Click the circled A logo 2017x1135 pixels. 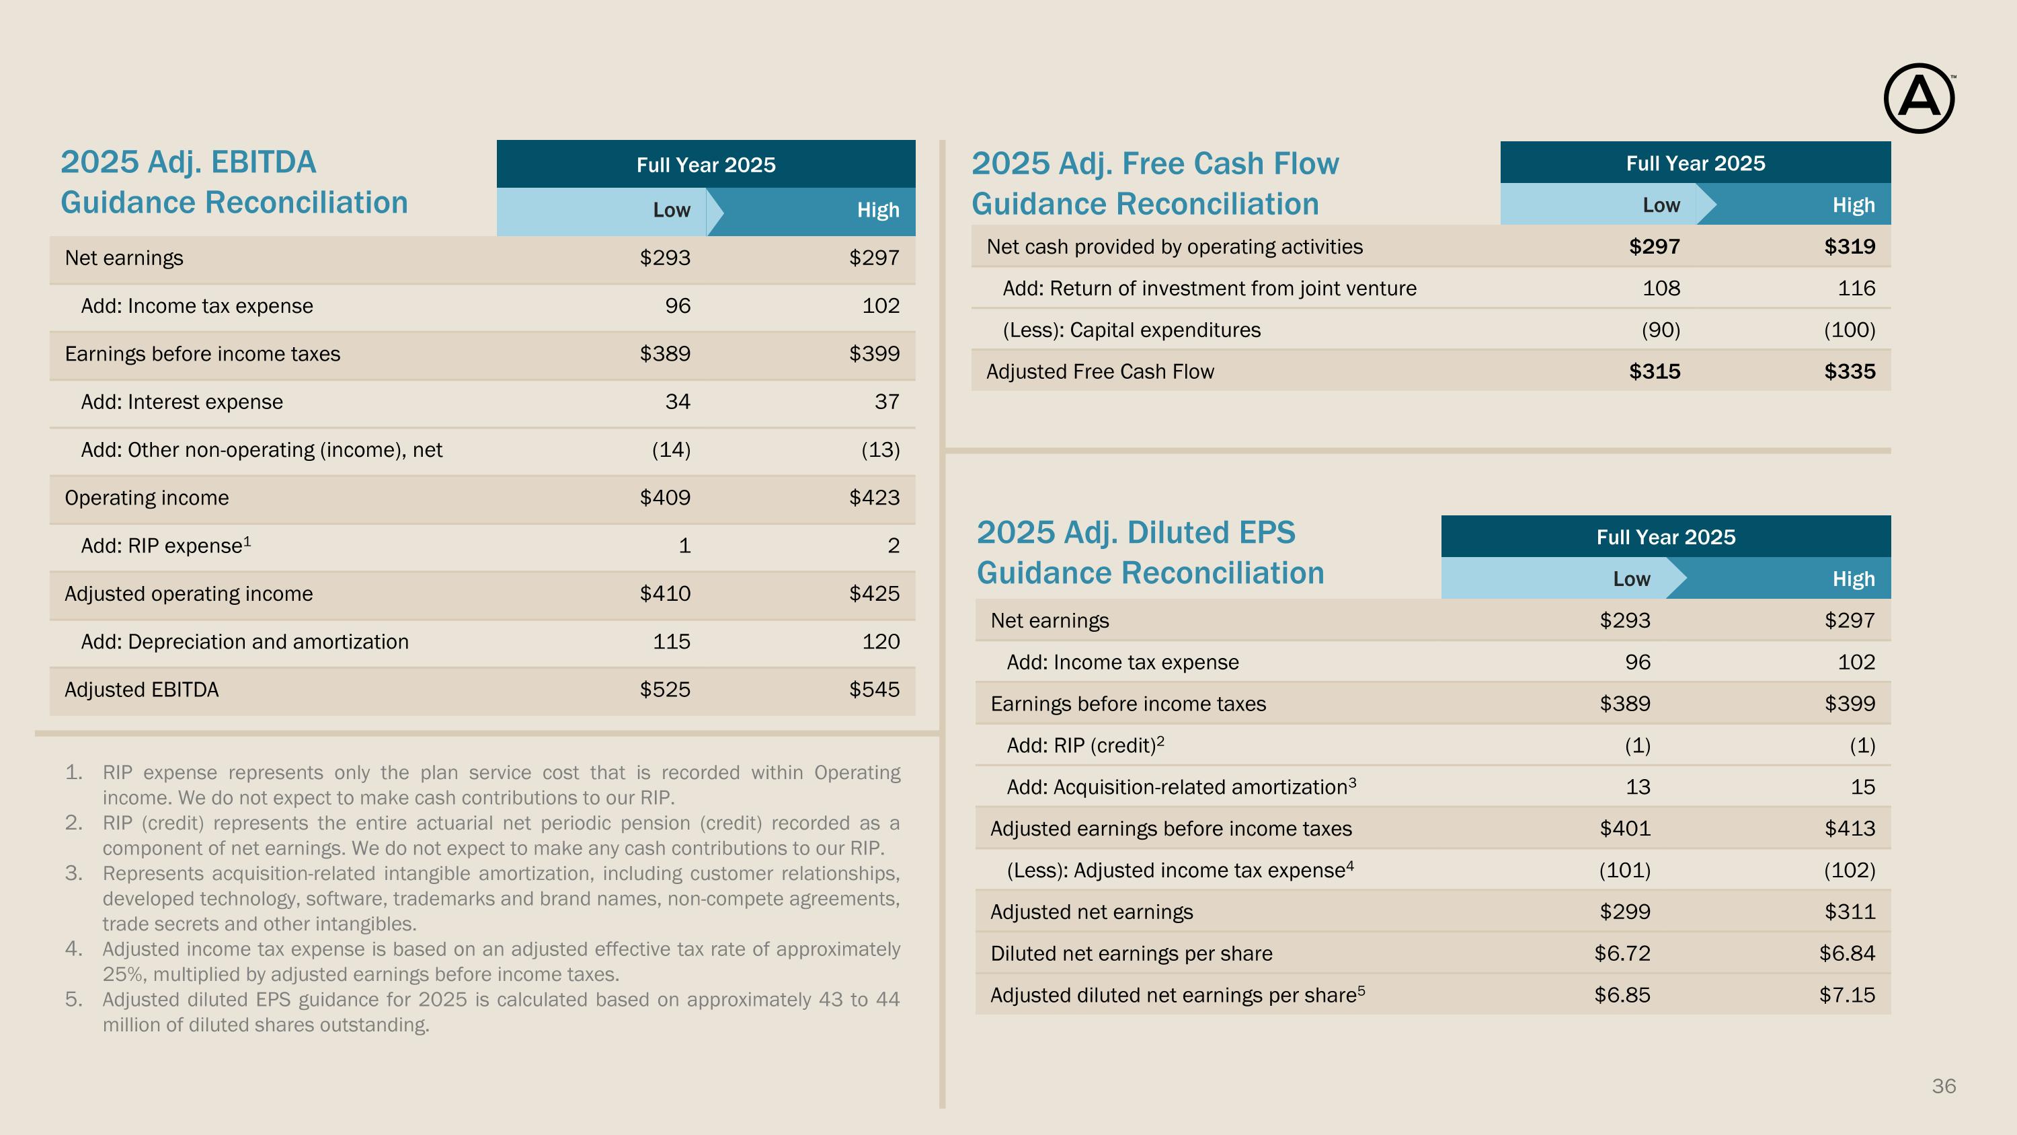click(x=1918, y=99)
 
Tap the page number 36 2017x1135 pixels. click(x=1944, y=1086)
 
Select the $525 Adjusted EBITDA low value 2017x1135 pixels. click(x=665, y=690)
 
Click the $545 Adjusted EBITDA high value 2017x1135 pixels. click(x=874, y=690)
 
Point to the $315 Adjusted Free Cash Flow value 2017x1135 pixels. click(x=1655, y=371)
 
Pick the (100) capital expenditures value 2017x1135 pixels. click(x=1850, y=330)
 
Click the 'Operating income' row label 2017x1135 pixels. click(x=147, y=497)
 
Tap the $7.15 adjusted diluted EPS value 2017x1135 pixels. click(x=1847, y=995)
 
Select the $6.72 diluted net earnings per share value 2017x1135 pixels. click(x=1622, y=953)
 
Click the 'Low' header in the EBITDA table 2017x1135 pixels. click(x=672, y=210)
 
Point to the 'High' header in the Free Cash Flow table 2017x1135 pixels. click(x=1854, y=205)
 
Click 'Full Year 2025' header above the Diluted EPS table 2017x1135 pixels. click(x=1666, y=538)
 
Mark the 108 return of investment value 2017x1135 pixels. click(x=1661, y=288)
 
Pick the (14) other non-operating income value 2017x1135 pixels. click(x=671, y=449)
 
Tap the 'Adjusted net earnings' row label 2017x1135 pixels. click(x=1091, y=912)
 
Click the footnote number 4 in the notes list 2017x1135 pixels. click(x=73, y=949)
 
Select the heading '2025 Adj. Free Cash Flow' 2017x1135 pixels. click(x=1155, y=163)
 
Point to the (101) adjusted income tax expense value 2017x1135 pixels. click(x=1625, y=870)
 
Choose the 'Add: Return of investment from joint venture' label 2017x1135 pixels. click(x=1210, y=288)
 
